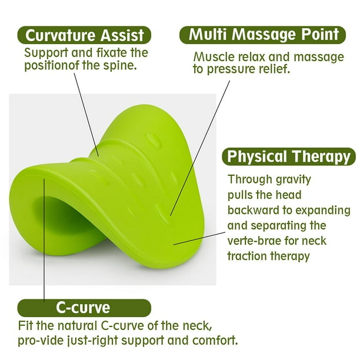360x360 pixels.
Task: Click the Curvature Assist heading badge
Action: tap(84, 35)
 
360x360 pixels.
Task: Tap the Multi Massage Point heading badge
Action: tap(262, 35)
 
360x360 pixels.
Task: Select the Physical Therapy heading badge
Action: tap(289, 156)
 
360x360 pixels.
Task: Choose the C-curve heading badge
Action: tap(84, 308)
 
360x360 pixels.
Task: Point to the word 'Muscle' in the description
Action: tap(211, 57)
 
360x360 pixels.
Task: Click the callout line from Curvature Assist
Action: tap(86, 115)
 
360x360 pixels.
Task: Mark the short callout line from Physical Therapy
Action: tap(199, 238)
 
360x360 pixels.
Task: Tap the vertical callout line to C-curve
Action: tap(44, 240)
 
